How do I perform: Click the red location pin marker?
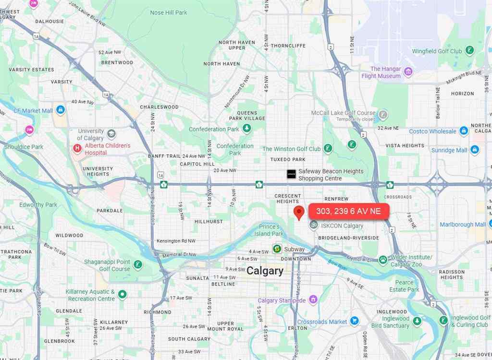(x=299, y=212)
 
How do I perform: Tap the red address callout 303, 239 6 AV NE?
(x=348, y=211)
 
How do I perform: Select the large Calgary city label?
(x=265, y=271)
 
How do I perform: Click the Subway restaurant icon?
(x=277, y=249)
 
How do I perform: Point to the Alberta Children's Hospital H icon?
(x=77, y=149)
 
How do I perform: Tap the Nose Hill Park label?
(x=169, y=12)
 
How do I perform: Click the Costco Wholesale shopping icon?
(x=464, y=131)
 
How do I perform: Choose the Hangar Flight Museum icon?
(x=408, y=72)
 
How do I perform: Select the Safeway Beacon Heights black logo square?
(x=291, y=174)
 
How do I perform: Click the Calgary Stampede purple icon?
(x=313, y=300)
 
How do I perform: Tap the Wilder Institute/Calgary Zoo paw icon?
(x=383, y=260)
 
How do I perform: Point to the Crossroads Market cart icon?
(x=355, y=321)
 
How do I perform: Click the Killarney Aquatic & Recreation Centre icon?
(x=123, y=294)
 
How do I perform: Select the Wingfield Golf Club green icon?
(x=470, y=50)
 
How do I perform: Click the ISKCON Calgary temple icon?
(x=313, y=225)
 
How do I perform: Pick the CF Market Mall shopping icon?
(x=60, y=110)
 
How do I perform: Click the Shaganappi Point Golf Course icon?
(x=138, y=264)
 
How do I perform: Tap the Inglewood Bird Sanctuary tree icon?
(x=417, y=321)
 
